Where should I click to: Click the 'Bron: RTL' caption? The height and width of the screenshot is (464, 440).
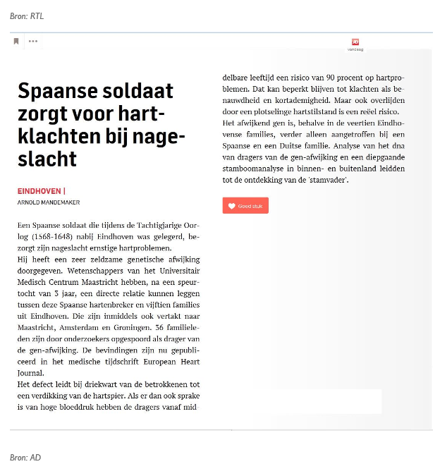27,16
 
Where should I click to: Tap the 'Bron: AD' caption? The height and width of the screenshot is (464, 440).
25,457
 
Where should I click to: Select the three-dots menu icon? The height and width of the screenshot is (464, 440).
33,42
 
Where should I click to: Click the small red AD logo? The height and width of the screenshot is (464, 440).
355,42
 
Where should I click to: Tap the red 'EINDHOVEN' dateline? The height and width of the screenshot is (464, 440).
39,191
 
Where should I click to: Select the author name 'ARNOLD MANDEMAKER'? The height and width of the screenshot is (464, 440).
49,202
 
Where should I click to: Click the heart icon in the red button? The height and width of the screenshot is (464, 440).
231,206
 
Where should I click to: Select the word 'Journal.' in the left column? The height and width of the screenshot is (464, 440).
30,373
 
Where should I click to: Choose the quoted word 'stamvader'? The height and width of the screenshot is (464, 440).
329,180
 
